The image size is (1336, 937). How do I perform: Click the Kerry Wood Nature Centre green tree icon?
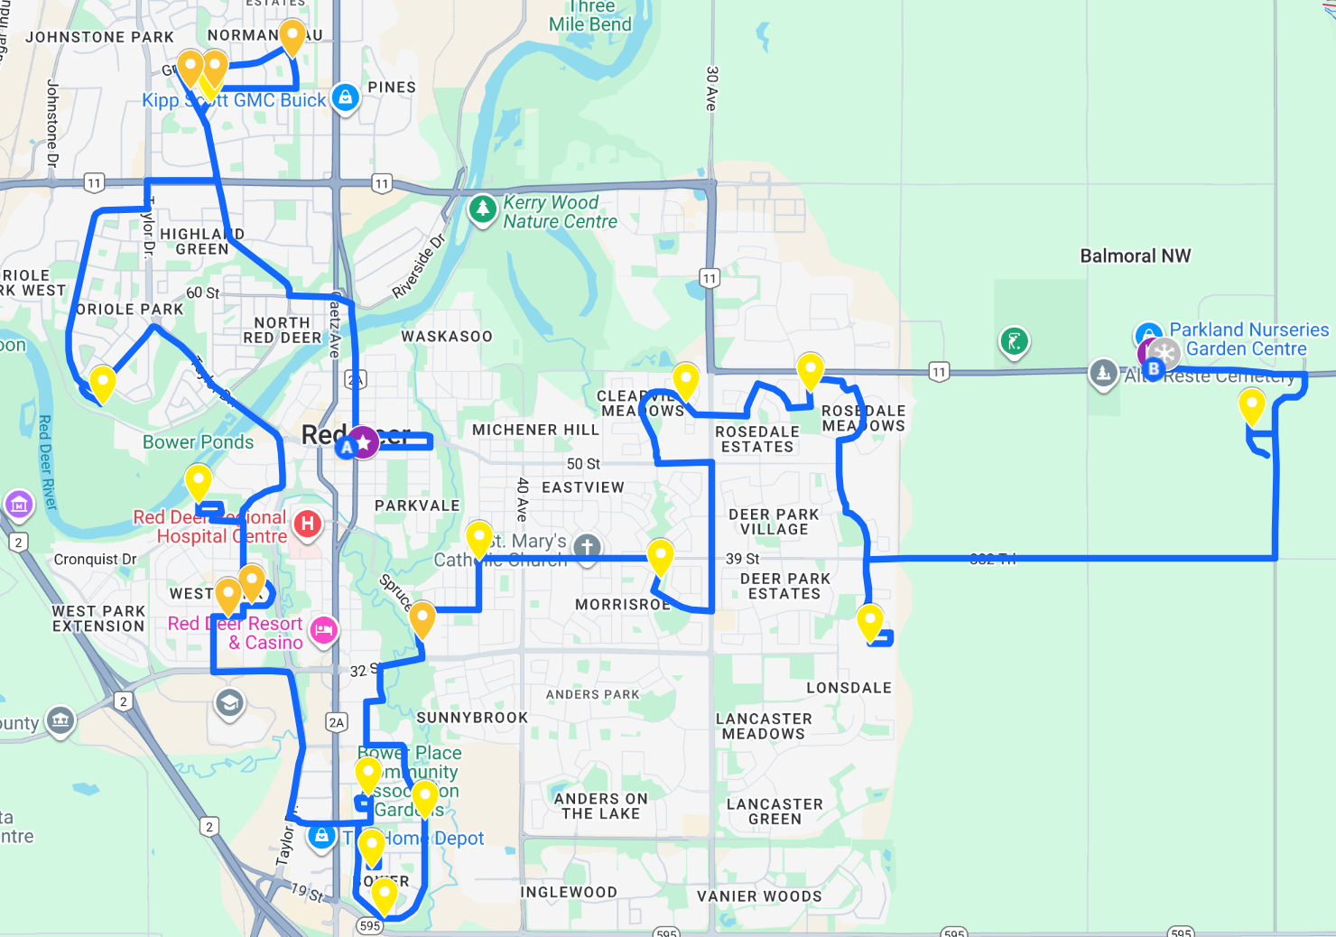(x=483, y=209)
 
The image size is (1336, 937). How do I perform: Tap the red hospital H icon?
(x=308, y=524)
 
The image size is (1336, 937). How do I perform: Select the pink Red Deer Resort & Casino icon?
(x=324, y=630)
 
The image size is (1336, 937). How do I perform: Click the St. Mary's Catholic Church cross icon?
(x=587, y=547)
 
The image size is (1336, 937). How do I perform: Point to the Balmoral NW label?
(x=1135, y=256)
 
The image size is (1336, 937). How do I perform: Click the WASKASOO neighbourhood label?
(x=447, y=337)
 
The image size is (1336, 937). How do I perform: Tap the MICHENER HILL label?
(x=535, y=431)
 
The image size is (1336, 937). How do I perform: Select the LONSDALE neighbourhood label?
(x=849, y=688)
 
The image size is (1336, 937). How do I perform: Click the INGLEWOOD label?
(x=569, y=893)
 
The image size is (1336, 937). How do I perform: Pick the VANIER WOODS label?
(x=759, y=896)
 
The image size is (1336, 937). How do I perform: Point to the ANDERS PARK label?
(x=592, y=694)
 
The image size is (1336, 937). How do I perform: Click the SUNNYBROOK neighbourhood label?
(x=472, y=718)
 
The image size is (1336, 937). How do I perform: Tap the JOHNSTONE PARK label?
(x=99, y=37)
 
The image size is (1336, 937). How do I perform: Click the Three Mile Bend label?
(x=590, y=15)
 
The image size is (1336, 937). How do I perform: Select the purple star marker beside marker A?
(x=363, y=441)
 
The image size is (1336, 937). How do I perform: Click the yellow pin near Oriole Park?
(x=103, y=382)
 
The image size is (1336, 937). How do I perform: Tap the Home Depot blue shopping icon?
(x=321, y=836)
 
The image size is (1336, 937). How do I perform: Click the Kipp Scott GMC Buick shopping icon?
(x=345, y=96)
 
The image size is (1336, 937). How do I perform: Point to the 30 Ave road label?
(x=711, y=88)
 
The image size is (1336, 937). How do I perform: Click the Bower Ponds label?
(x=198, y=442)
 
